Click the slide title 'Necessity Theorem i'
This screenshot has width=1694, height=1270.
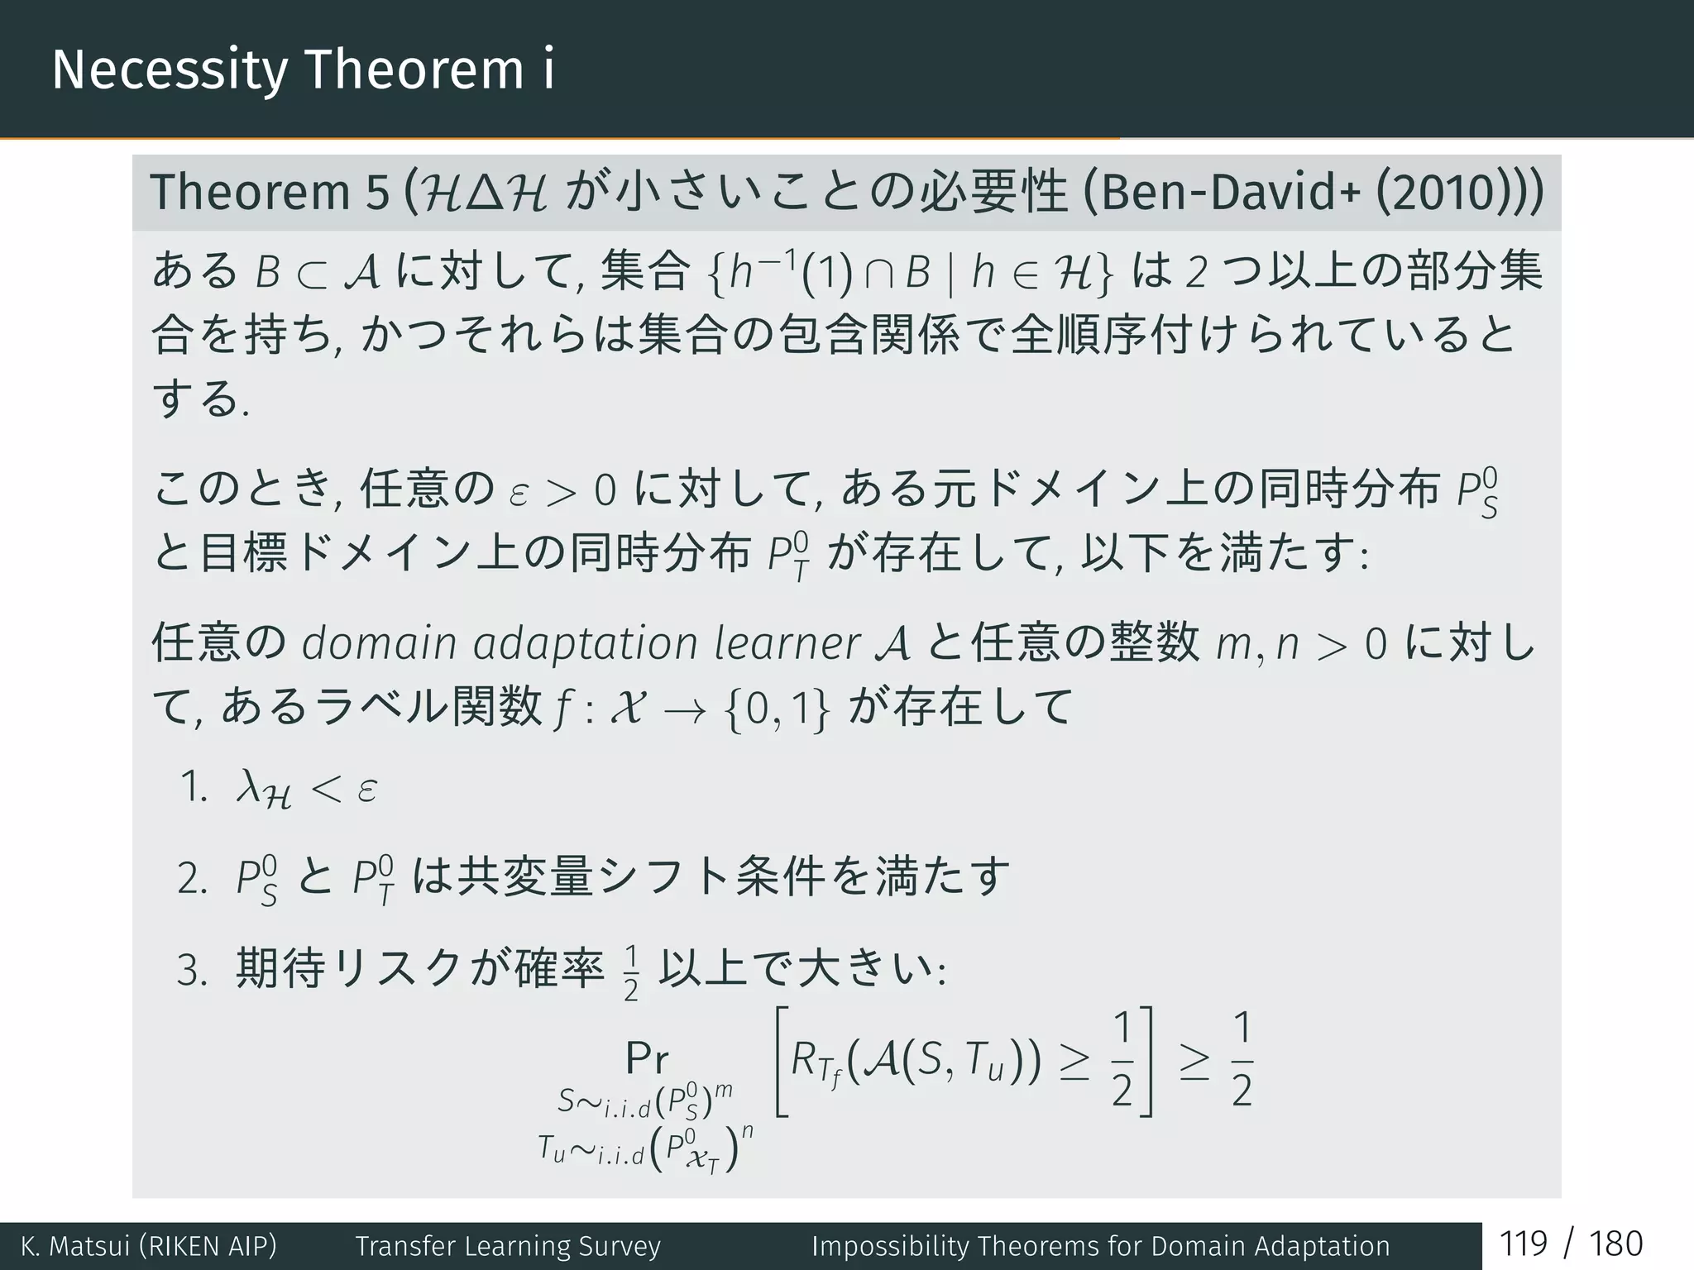[x=303, y=69]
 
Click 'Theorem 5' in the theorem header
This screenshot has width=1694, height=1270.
[x=269, y=193]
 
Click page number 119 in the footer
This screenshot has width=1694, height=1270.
[x=1523, y=1244]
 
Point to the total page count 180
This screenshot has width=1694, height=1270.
[x=1615, y=1244]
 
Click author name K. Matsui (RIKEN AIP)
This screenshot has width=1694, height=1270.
[x=149, y=1246]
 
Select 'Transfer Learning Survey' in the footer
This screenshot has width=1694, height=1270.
[x=508, y=1246]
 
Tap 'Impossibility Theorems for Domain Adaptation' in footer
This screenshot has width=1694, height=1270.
[x=1100, y=1246]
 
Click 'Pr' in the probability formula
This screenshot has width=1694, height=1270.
[x=647, y=1058]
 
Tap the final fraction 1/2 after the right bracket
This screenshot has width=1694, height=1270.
[x=1242, y=1059]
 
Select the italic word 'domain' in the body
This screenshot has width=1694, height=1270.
[x=379, y=643]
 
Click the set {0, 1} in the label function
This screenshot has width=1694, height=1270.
[x=777, y=709]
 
